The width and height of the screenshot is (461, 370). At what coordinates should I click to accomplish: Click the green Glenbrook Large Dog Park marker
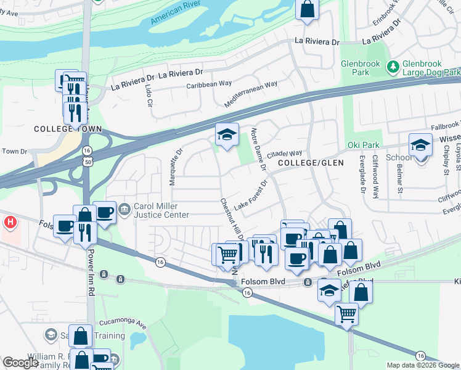[392, 65]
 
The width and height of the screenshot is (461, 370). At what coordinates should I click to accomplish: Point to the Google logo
[20, 363]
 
